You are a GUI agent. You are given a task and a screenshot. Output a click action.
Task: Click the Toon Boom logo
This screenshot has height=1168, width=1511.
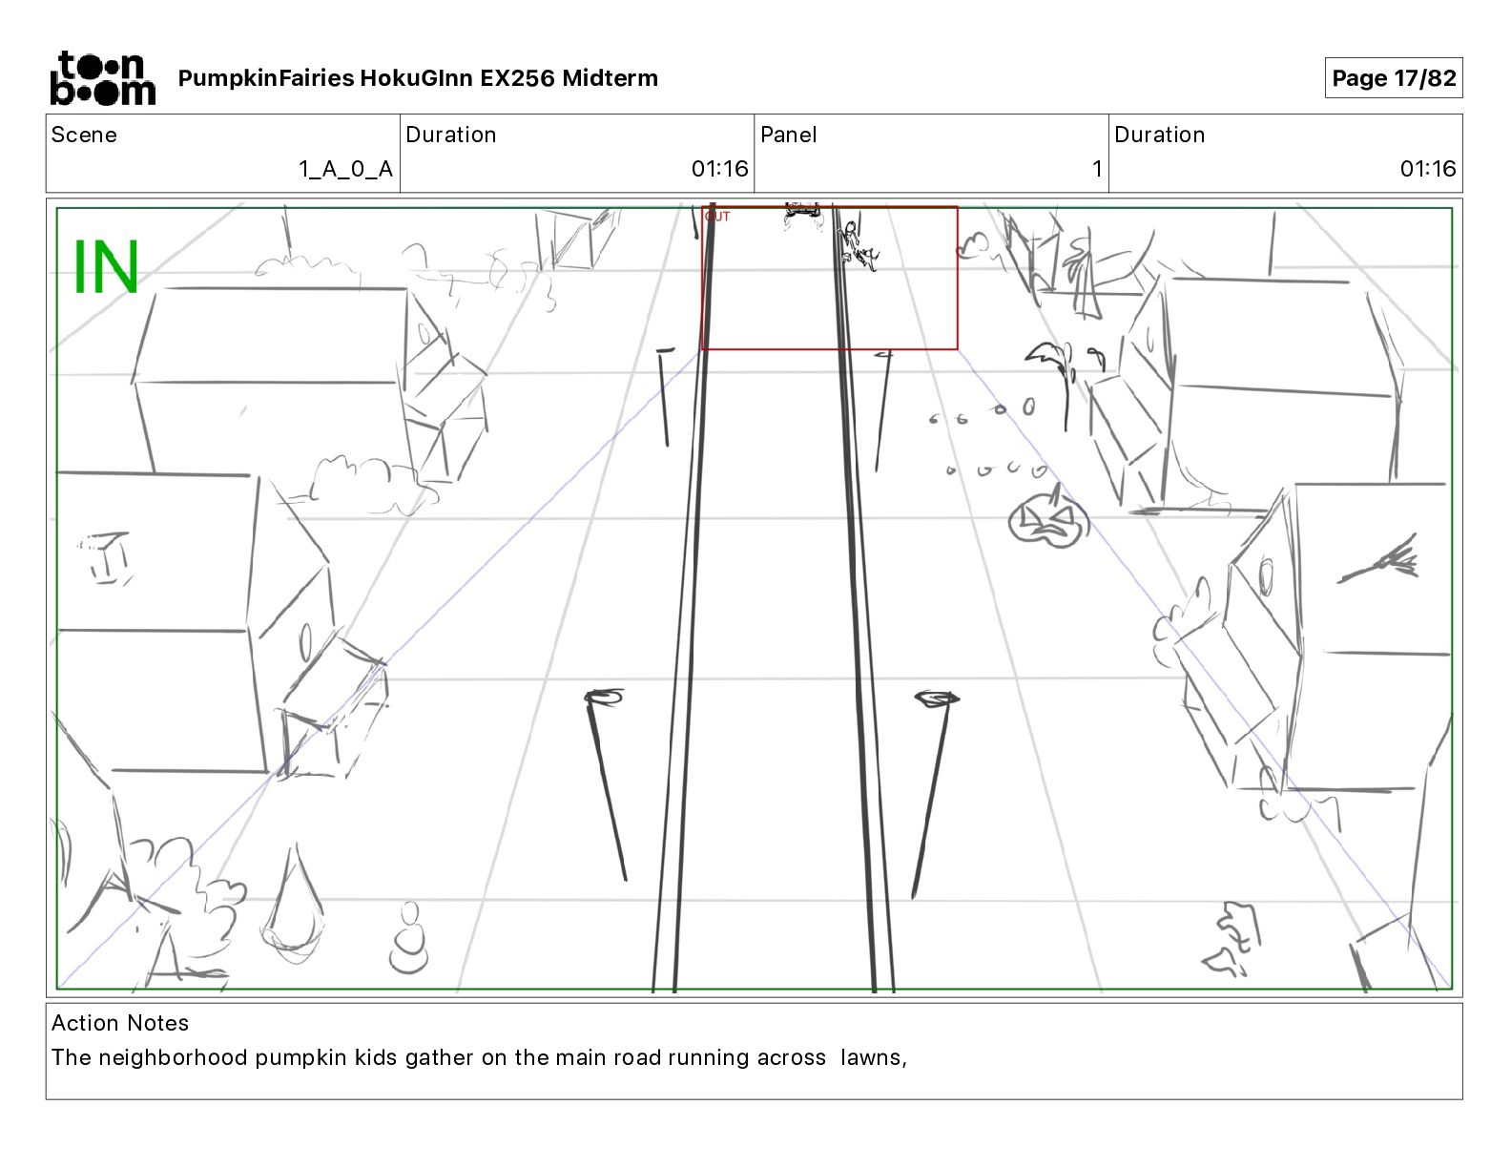[102, 78]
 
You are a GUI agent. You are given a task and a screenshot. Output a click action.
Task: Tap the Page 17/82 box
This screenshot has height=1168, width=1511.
[1393, 78]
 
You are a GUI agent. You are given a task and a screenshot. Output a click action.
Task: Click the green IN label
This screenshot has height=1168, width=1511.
[106, 267]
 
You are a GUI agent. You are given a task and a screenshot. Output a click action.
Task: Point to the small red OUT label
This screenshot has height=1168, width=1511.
[717, 217]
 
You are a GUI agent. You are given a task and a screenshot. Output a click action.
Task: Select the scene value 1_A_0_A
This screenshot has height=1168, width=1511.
[345, 169]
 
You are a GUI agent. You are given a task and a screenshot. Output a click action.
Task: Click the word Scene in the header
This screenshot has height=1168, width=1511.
[84, 135]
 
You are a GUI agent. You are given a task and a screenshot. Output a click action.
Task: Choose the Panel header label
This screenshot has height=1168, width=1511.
[788, 135]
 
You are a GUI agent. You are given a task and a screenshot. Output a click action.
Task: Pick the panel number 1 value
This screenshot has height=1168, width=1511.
[1096, 169]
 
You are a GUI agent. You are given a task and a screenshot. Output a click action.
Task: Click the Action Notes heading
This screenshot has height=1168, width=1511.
[120, 1023]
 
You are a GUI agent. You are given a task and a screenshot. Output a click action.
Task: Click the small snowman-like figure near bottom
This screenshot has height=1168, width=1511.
[410, 940]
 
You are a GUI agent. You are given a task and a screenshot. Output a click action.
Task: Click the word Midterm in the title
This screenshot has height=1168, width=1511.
[610, 78]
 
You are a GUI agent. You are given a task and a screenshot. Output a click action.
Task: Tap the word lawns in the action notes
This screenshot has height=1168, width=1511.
[870, 1057]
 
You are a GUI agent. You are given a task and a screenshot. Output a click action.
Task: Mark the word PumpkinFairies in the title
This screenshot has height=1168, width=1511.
[266, 78]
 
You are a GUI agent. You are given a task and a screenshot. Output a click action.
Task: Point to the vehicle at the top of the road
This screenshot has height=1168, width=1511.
[803, 216]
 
